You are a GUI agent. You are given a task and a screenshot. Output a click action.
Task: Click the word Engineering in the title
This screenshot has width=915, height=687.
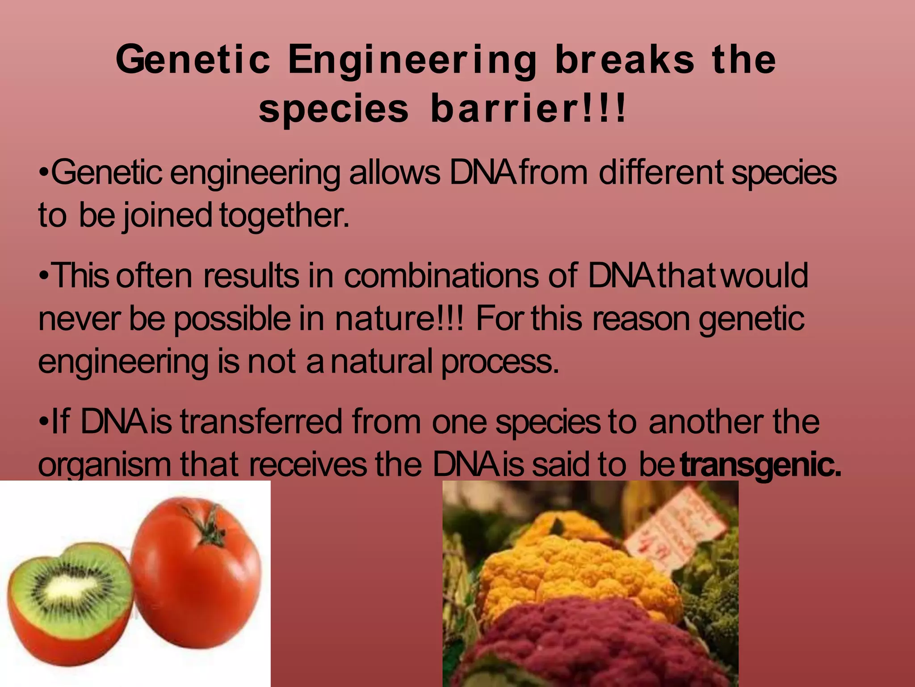coord(412,61)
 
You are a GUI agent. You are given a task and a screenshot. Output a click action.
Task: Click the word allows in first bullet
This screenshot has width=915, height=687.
coord(395,173)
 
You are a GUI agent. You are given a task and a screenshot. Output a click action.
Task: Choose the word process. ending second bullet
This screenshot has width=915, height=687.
coord(500,362)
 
